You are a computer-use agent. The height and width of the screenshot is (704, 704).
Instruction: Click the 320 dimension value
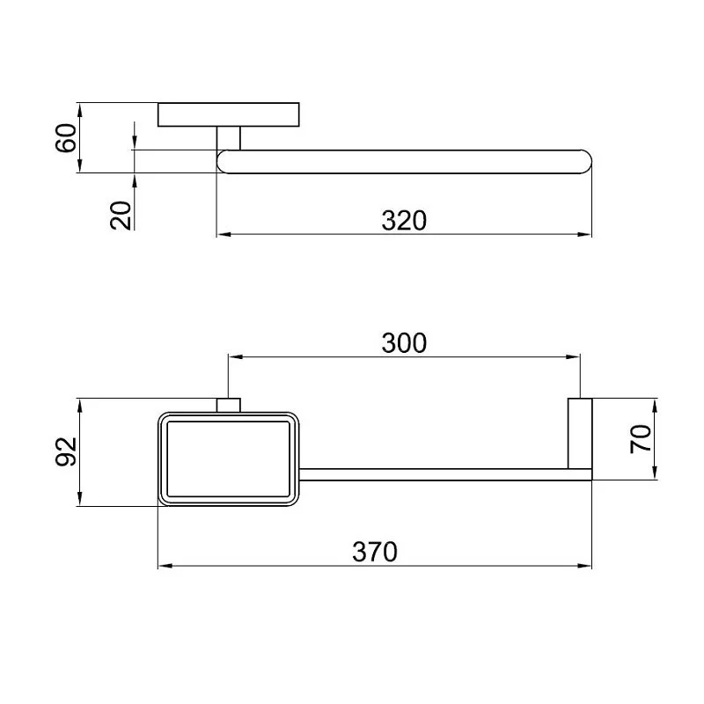[404, 221]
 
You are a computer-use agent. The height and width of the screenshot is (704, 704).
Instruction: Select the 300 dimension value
[404, 343]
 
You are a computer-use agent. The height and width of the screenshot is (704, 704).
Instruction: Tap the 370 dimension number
[375, 552]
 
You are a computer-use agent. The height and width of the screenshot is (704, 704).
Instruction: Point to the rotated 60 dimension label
[66, 138]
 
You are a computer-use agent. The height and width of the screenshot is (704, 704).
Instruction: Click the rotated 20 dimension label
[121, 216]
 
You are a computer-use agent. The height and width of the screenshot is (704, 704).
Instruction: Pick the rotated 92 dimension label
[66, 451]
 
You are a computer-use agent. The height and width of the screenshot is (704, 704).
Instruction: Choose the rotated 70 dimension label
[641, 439]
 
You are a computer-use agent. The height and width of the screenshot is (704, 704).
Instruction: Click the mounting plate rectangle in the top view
[229, 114]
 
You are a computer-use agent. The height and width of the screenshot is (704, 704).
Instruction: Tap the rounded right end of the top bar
[585, 162]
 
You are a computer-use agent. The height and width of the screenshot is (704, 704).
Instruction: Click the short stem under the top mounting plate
[229, 138]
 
